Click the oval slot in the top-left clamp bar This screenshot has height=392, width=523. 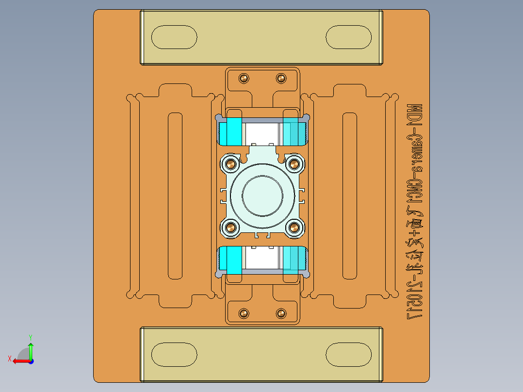174,37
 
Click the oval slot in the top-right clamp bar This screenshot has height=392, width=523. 348,37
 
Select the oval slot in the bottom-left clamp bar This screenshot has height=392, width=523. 174,354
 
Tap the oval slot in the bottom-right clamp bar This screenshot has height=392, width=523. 348,354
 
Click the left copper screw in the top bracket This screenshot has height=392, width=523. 244,78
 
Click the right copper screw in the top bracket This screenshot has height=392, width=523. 281,78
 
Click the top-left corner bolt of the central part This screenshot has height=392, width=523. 230,164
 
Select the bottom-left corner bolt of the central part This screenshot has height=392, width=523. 230,227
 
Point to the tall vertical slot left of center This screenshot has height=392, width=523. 175,196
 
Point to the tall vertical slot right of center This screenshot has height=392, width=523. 350,196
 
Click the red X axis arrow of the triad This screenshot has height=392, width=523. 18,360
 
